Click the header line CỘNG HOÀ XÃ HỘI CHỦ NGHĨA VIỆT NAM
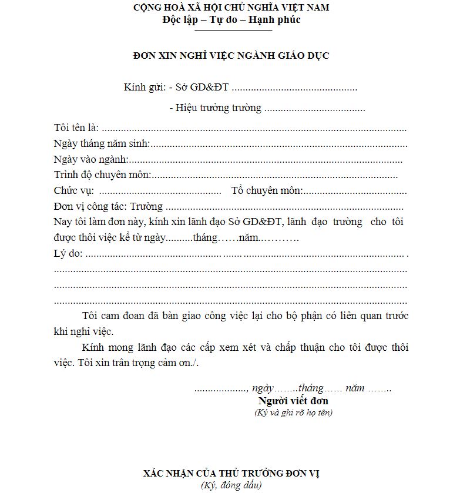pyautogui.click(x=231, y=8)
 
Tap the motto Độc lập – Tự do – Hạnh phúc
pyautogui.click(x=231, y=19)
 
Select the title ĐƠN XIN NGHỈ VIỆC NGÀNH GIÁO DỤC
pyautogui.click(x=231, y=56)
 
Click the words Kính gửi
pyautogui.click(x=144, y=88)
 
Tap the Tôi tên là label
pyautogui.click(x=76, y=128)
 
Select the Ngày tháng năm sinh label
pyautogui.click(x=102, y=143)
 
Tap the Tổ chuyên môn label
pyautogui.click(x=267, y=190)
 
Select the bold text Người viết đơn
pyautogui.click(x=293, y=401)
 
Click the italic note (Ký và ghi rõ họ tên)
pyautogui.click(x=293, y=412)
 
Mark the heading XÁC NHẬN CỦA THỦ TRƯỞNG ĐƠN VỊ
pyautogui.click(x=231, y=473)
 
